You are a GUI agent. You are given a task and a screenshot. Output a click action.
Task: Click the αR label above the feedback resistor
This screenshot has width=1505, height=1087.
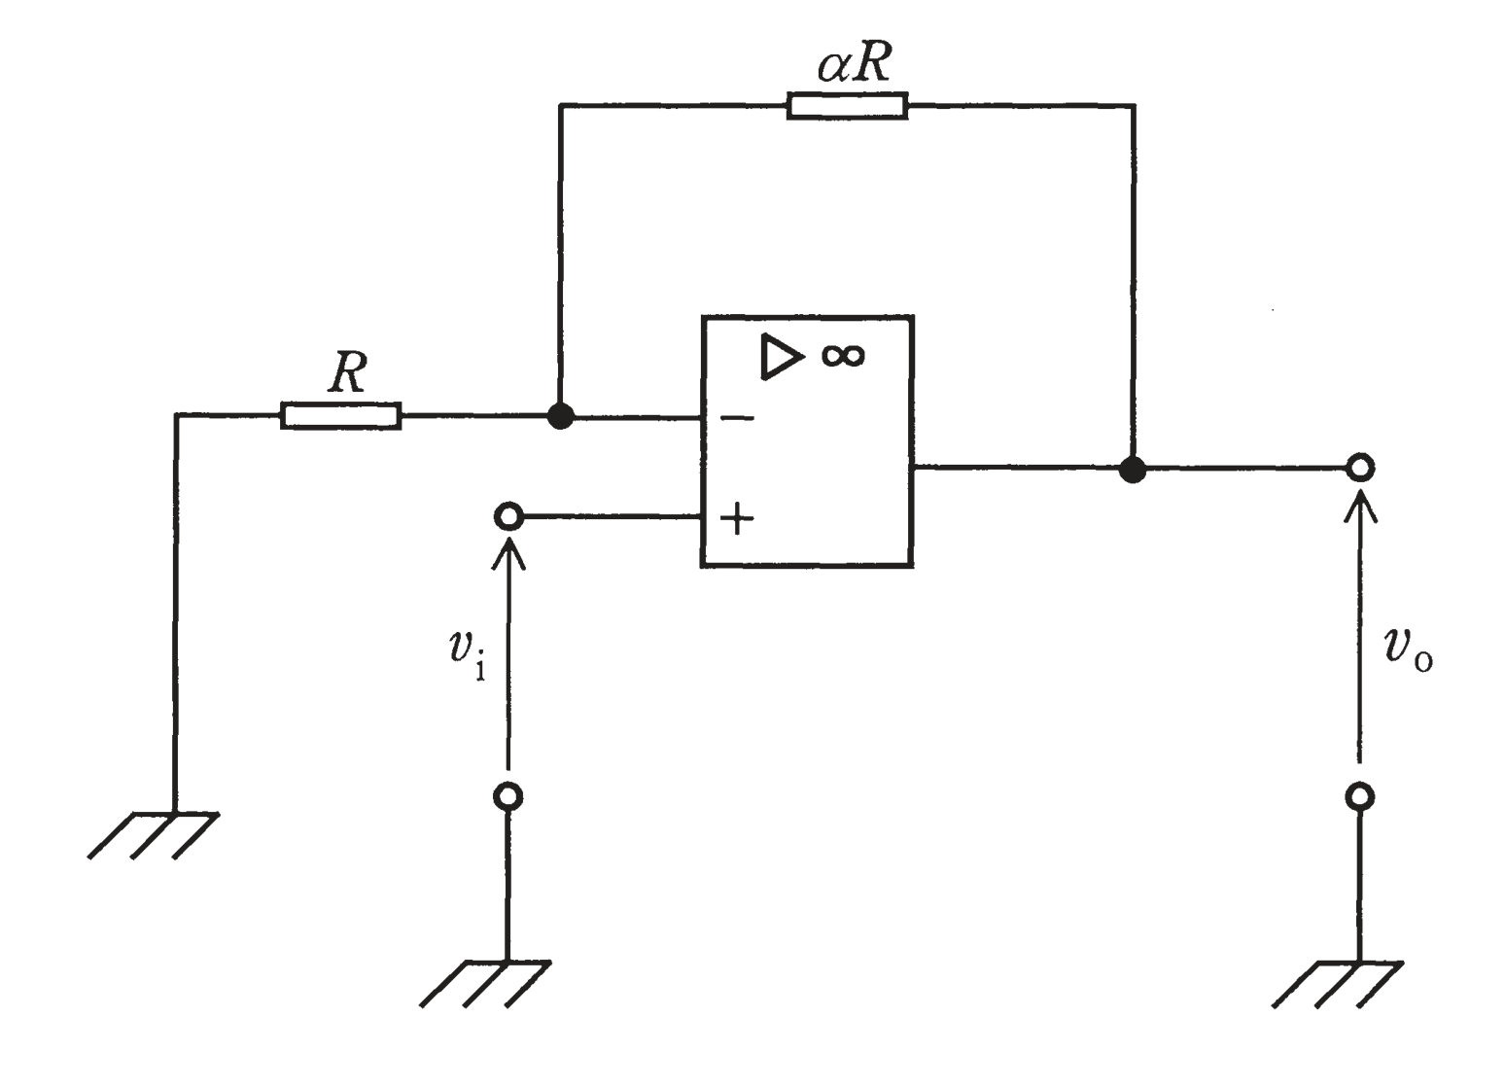(855, 64)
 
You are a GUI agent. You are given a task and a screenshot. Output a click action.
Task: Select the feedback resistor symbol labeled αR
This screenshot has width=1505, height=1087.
(847, 106)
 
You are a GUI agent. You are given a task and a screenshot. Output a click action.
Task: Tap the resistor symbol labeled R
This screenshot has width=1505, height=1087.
(341, 416)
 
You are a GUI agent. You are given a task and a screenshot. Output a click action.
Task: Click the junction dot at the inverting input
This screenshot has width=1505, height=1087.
(560, 416)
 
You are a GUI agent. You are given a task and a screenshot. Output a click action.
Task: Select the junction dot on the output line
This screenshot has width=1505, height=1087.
(1133, 469)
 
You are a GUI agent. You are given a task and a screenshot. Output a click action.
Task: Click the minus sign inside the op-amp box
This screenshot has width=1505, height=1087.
(737, 418)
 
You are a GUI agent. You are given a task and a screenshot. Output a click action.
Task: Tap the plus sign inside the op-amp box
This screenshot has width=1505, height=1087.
(737, 518)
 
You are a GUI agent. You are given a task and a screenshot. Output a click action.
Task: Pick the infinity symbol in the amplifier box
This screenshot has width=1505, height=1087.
(843, 356)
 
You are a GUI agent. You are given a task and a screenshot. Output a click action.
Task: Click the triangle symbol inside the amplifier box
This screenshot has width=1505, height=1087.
(780, 358)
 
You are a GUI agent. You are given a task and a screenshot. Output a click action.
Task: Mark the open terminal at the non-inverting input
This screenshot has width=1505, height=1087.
(507, 516)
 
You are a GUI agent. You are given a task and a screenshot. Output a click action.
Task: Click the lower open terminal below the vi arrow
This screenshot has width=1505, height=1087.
(507, 796)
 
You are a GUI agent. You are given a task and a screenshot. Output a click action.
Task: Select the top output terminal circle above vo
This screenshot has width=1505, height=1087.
(1360, 468)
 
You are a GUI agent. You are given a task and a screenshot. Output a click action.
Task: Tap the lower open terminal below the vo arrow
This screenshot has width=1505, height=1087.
(1360, 796)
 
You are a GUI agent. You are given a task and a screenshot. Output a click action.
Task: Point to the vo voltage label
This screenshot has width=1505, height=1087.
(1409, 649)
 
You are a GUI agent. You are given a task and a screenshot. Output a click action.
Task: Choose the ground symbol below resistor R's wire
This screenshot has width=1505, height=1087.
(154, 835)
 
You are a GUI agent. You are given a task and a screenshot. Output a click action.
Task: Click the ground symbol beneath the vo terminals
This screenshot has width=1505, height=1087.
(1337, 984)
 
